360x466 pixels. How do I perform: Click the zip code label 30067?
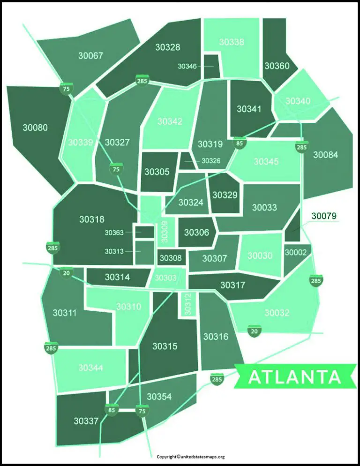(x=90, y=56)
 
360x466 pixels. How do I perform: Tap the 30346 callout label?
(x=187, y=66)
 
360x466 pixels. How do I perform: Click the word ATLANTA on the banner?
(x=294, y=377)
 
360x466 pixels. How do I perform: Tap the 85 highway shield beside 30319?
(x=240, y=143)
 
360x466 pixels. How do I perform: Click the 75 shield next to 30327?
(x=116, y=169)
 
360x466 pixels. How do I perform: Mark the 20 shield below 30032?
(x=255, y=331)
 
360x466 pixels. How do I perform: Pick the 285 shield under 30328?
(x=142, y=81)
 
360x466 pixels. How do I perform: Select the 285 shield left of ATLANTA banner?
(x=217, y=379)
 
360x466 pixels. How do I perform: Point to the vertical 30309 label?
(x=165, y=231)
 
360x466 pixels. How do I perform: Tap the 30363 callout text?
(x=114, y=233)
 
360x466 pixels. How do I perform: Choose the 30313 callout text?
(x=114, y=251)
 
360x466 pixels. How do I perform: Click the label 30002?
(x=296, y=252)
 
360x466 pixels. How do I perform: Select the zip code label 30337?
(x=86, y=421)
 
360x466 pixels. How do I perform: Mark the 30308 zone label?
(x=171, y=258)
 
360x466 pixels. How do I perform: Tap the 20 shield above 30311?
(x=66, y=272)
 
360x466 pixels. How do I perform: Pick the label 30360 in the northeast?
(x=277, y=66)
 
